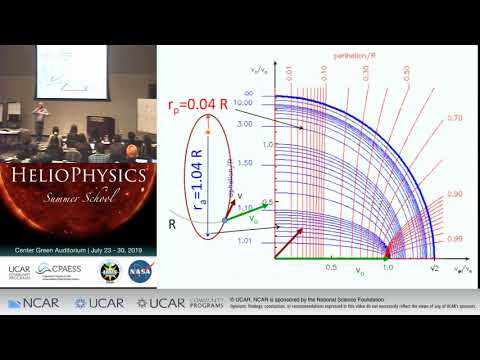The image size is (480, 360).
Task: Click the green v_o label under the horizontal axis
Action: (x=360, y=270)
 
